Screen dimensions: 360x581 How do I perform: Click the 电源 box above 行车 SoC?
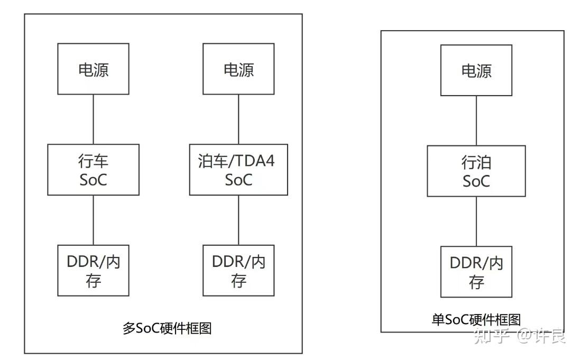pyautogui.click(x=93, y=69)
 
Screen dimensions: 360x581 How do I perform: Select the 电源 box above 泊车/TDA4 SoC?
pyautogui.click(x=238, y=69)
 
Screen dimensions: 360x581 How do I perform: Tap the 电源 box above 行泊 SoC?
pyautogui.click(x=476, y=70)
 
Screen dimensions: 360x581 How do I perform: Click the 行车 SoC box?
pyautogui.click(x=93, y=170)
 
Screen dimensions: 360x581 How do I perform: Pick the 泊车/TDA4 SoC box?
pyautogui.click(x=238, y=170)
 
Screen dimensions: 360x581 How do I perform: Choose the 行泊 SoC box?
pyautogui.click(x=476, y=171)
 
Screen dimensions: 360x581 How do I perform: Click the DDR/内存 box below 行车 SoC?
pyautogui.click(x=93, y=270)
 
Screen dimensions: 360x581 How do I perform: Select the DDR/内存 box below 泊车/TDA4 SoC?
pyautogui.click(x=238, y=270)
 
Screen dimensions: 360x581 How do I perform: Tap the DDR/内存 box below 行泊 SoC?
pyautogui.click(x=476, y=271)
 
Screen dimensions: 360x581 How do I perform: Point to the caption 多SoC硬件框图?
pyautogui.click(x=167, y=328)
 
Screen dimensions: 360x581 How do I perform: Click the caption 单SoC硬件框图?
pyautogui.click(x=476, y=320)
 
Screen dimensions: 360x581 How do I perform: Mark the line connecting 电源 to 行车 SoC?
pyautogui.click(x=93, y=119)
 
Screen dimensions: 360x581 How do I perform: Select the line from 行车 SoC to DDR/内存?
pyautogui.click(x=93, y=220)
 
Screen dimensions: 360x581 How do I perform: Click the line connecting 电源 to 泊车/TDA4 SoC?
pyautogui.click(x=238, y=119)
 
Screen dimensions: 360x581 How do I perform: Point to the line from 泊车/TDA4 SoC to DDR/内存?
pyautogui.click(x=238, y=220)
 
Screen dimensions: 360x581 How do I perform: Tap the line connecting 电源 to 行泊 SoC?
pyautogui.click(x=476, y=121)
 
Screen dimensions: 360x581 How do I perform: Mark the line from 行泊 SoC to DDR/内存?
pyautogui.click(x=476, y=221)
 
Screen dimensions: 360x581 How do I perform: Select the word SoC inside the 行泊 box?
pyautogui.click(x=476, y=181)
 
